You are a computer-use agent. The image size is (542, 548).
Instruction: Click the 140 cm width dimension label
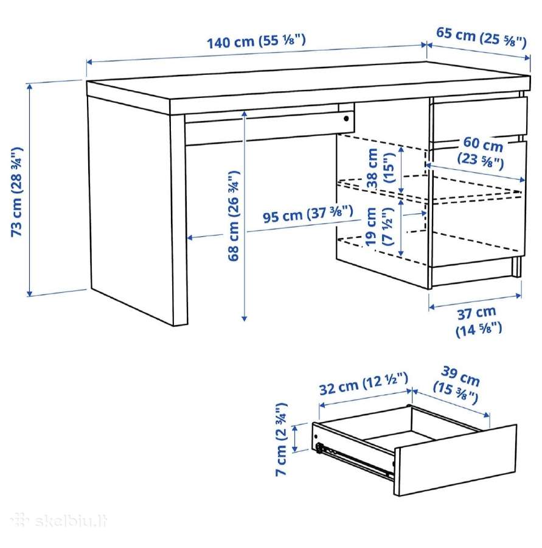(x=256, y=41)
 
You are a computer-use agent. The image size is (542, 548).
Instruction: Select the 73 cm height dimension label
(x=17, y=192)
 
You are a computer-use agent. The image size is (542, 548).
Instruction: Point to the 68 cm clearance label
(x=233, y=216)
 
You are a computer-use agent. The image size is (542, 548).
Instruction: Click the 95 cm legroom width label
(x=308, y=214)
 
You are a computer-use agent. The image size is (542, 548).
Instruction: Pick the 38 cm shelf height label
(x=380, y=168)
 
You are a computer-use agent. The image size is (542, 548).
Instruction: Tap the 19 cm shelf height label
(x=380, y=227)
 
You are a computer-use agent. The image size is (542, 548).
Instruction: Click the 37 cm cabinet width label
(x=479, y=321)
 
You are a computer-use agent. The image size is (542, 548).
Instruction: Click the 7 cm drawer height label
(x=281, y=439)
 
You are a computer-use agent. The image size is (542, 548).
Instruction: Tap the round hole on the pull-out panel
(x=346, y=119)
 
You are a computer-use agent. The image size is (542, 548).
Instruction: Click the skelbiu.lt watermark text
(x=58, y=521)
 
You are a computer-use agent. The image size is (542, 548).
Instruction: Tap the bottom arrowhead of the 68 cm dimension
(x=245, y=318)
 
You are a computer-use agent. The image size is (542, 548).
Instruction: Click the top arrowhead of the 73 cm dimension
(x=29, y=86)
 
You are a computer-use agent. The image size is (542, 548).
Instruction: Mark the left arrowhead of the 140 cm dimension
(x=89, y=62)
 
